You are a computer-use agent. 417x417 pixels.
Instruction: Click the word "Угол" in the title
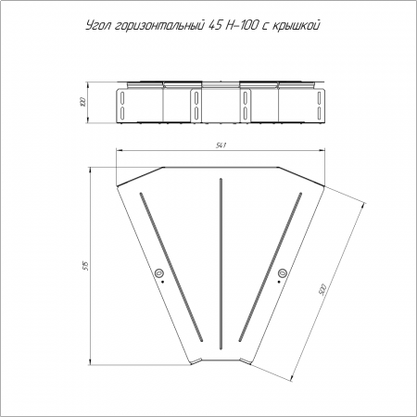point(98,26)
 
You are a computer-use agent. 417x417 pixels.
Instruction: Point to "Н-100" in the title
point(241,25)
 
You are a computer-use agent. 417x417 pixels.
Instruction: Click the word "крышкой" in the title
point(296,26)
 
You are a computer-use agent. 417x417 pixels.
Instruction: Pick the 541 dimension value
point(221,145)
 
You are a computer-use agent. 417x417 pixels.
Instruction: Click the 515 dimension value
point(86,266)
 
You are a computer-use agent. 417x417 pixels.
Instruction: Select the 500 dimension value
point(322,289)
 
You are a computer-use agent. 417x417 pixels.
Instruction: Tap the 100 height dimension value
point(82,102)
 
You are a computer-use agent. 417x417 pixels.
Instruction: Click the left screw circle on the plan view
point(159,272)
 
